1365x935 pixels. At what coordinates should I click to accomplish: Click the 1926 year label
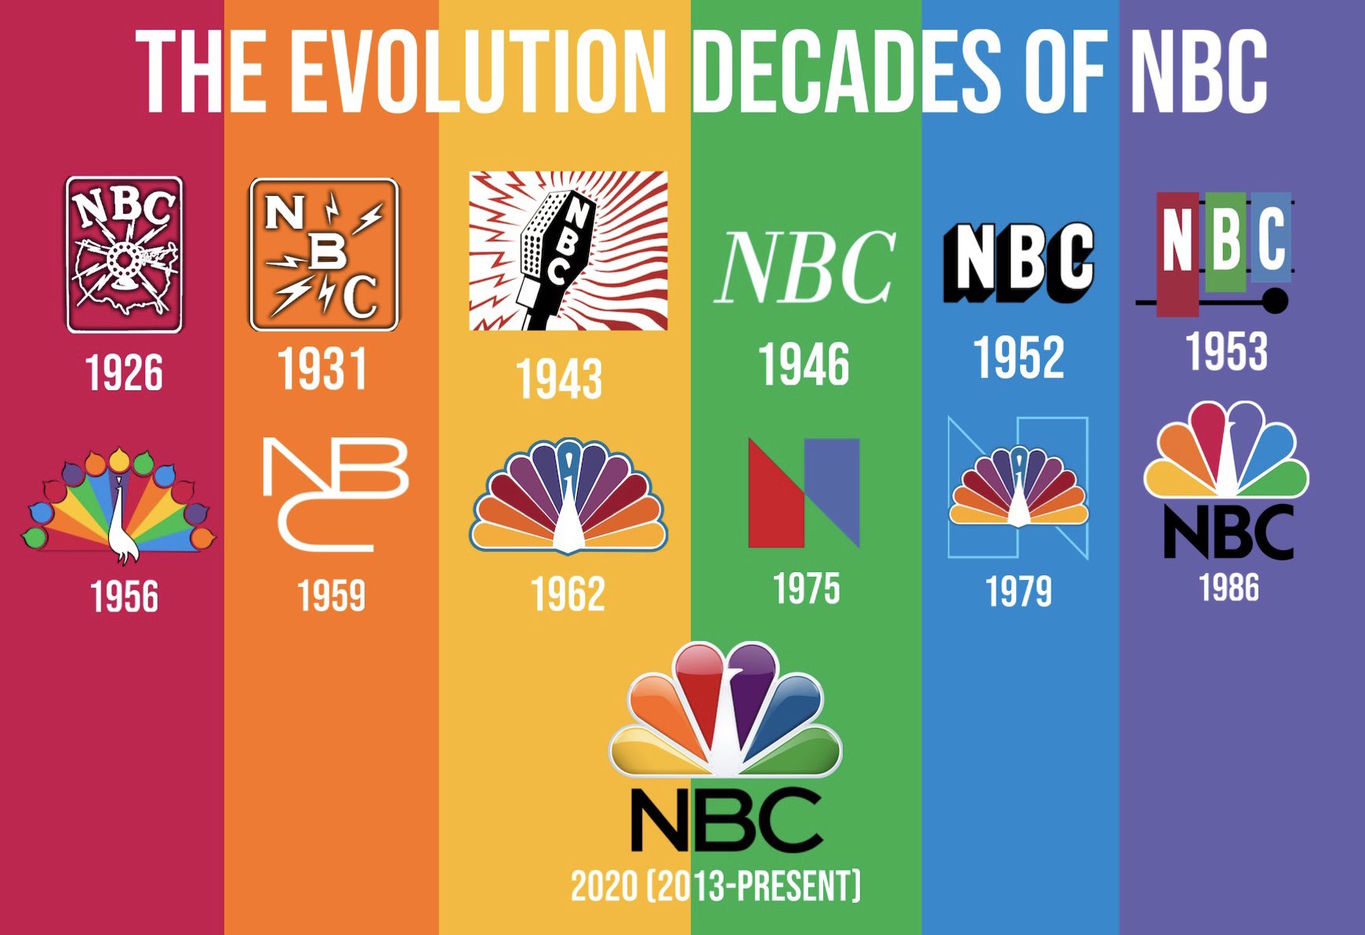124,373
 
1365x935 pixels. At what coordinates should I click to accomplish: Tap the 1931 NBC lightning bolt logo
324,254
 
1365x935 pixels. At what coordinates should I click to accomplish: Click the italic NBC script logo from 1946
804,267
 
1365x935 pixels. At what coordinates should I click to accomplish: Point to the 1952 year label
1018,358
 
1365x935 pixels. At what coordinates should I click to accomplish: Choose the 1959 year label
331,596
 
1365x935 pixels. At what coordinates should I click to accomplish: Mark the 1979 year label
1018,592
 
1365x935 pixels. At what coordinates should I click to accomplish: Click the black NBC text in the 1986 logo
1228,531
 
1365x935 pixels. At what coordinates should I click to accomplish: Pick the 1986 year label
1229,588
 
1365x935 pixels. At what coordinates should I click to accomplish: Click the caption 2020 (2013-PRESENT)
715,886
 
